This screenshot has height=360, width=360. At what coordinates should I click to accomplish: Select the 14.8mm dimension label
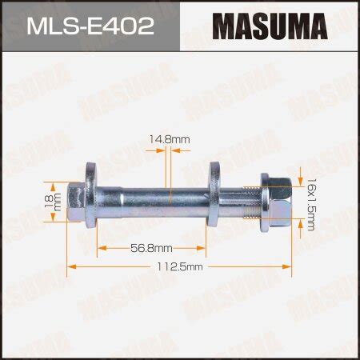(170, 139)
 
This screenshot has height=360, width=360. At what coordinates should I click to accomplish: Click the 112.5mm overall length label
(182, 266)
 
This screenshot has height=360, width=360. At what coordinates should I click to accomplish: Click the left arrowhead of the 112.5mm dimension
(70, 266)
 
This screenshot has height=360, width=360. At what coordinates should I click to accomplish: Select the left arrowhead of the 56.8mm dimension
(100, 248)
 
